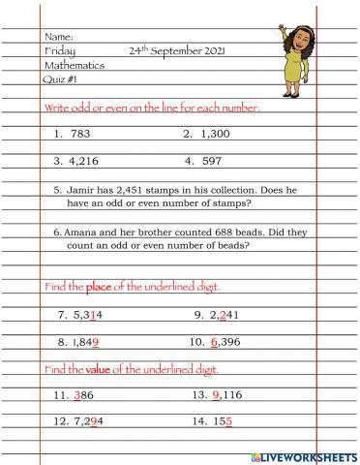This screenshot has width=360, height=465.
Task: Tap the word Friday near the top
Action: pos(60,51)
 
